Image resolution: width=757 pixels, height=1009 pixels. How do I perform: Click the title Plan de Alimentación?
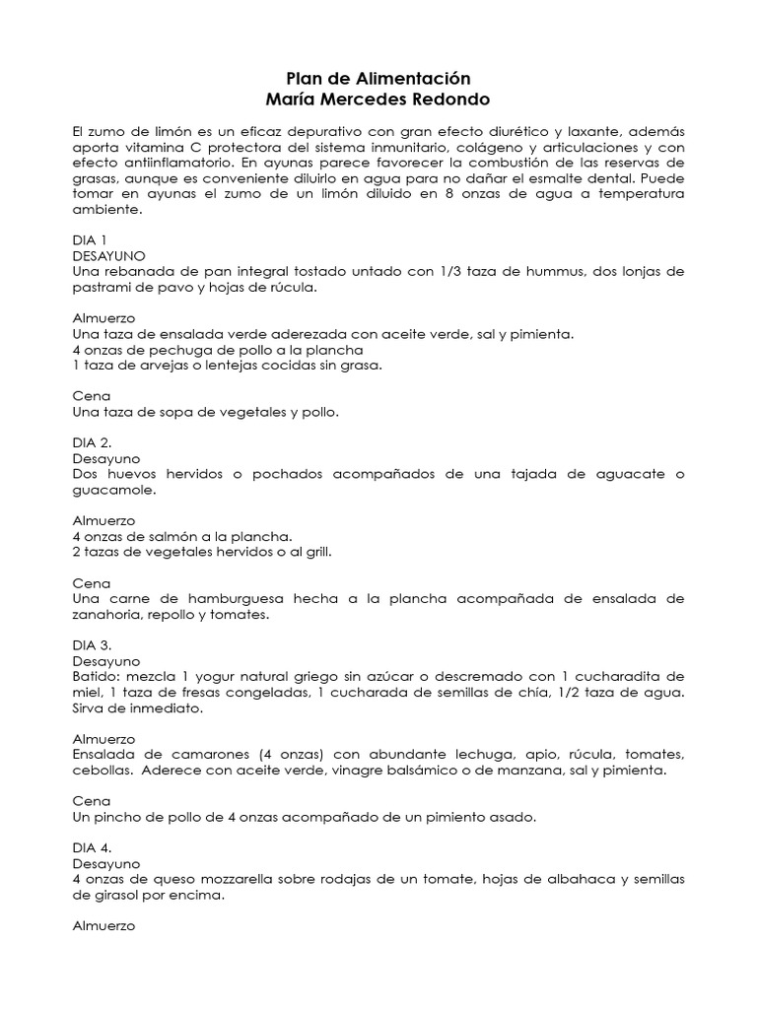click(x=378, y=78)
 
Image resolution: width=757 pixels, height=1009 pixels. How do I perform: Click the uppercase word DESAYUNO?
click(x=110, y=255)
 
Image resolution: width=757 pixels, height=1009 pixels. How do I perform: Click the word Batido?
click(x=95, y=677)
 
